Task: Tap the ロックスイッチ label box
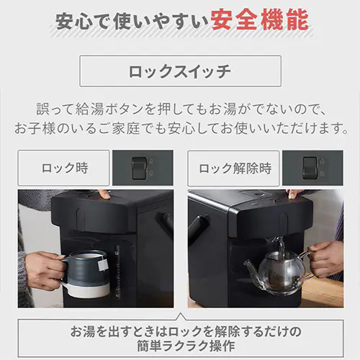click(x=180, y=71)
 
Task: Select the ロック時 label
click(x=64, y=168)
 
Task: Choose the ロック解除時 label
click(x=235, y=168)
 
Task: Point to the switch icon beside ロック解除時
click(x=310, y=168)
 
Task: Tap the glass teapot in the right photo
click(x=278, y=270)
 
